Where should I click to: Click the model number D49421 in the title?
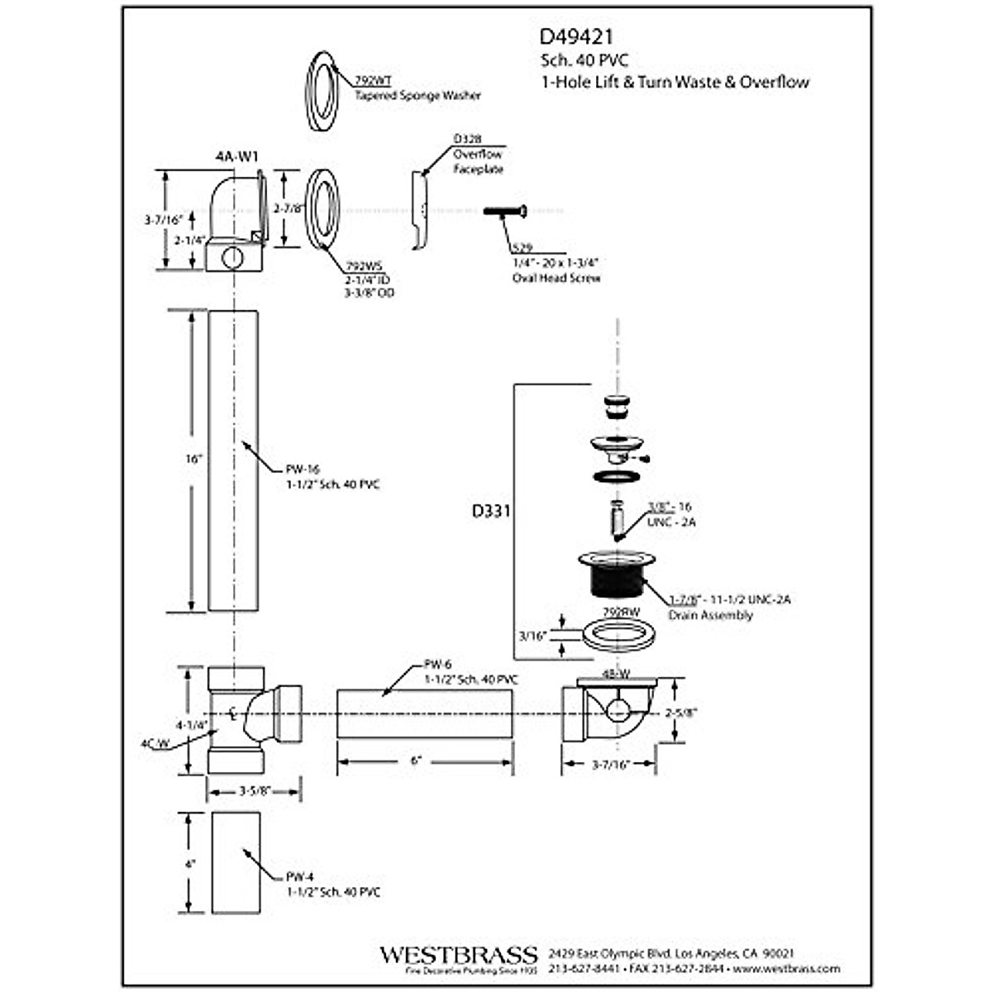click(576, 36)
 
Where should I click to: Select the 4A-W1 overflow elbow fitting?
click(236, 223)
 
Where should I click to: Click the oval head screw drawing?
click(505, 212)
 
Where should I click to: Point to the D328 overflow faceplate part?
click(420, 211)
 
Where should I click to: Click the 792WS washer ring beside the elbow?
click(322, 209)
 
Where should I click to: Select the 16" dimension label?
click(193, 459)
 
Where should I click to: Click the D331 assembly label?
click(490, 512)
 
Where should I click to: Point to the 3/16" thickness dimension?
click(532, 636)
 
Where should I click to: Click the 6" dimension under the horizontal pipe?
click(416, 761)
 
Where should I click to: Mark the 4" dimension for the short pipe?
click(191, 863)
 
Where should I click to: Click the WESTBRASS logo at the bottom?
click(458, 956)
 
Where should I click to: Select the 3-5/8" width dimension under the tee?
click(255, 791)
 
